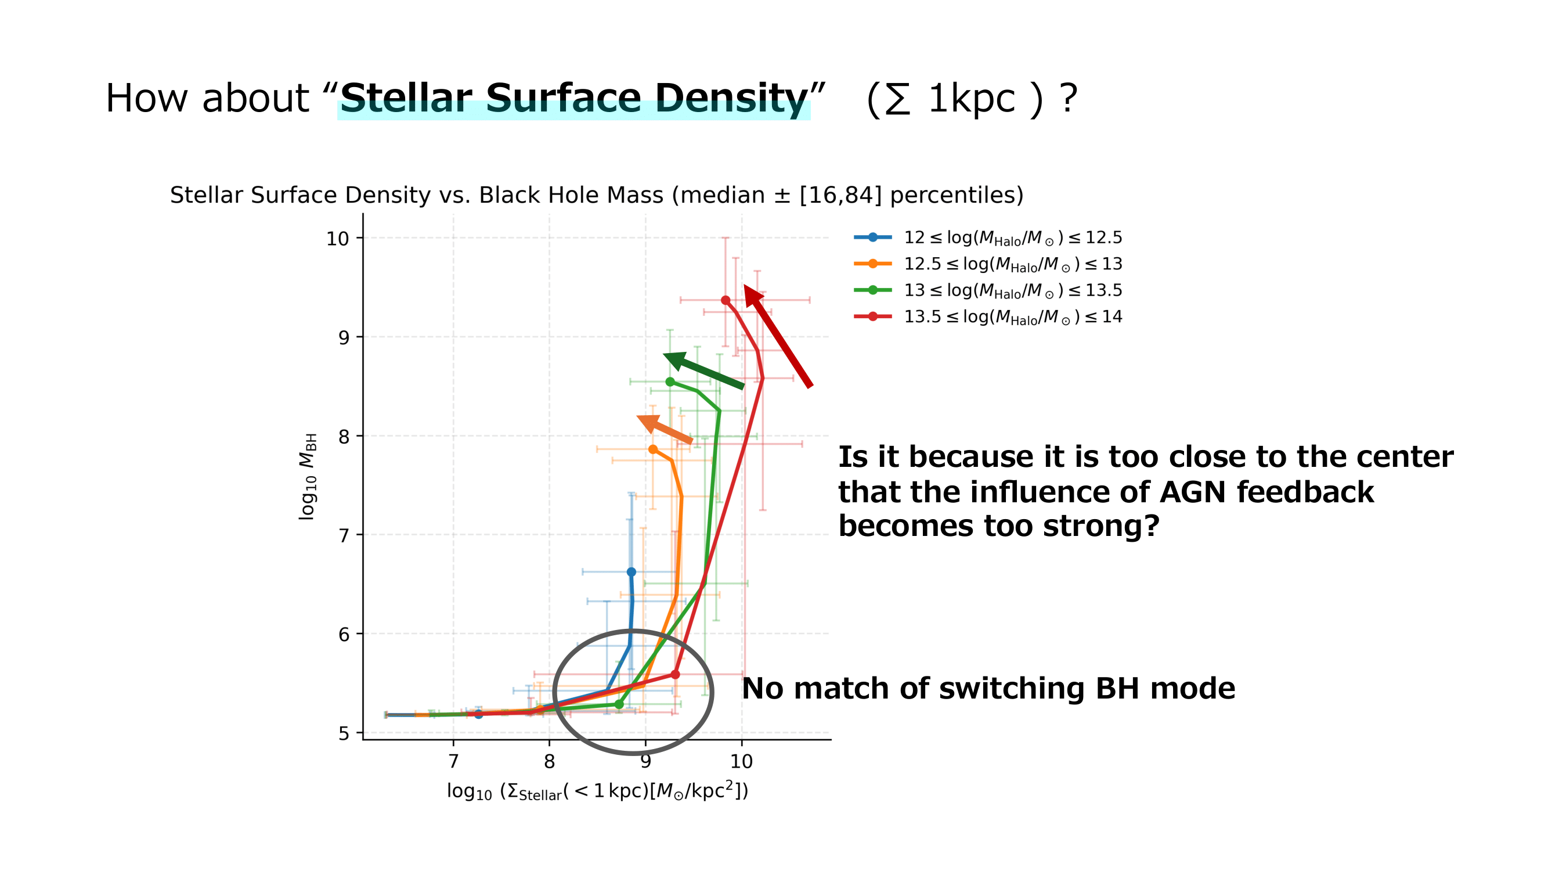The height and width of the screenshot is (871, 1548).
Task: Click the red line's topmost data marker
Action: coord(726,300)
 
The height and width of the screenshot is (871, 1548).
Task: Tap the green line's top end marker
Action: coord(670,381)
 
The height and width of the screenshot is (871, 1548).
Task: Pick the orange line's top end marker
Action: coord(652,449)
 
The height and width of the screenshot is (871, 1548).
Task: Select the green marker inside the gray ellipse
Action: coord(619,704)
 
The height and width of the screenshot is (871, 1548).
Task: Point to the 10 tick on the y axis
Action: coord(337,239)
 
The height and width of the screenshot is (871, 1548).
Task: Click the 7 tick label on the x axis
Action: coord(453,762)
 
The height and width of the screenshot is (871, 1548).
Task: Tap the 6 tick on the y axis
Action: coord(344,634)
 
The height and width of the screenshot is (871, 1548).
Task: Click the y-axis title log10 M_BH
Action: coord(308,476)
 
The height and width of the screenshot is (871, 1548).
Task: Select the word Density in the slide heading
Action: coord(731,98)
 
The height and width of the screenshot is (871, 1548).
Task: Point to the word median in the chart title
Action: coord(718,195)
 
